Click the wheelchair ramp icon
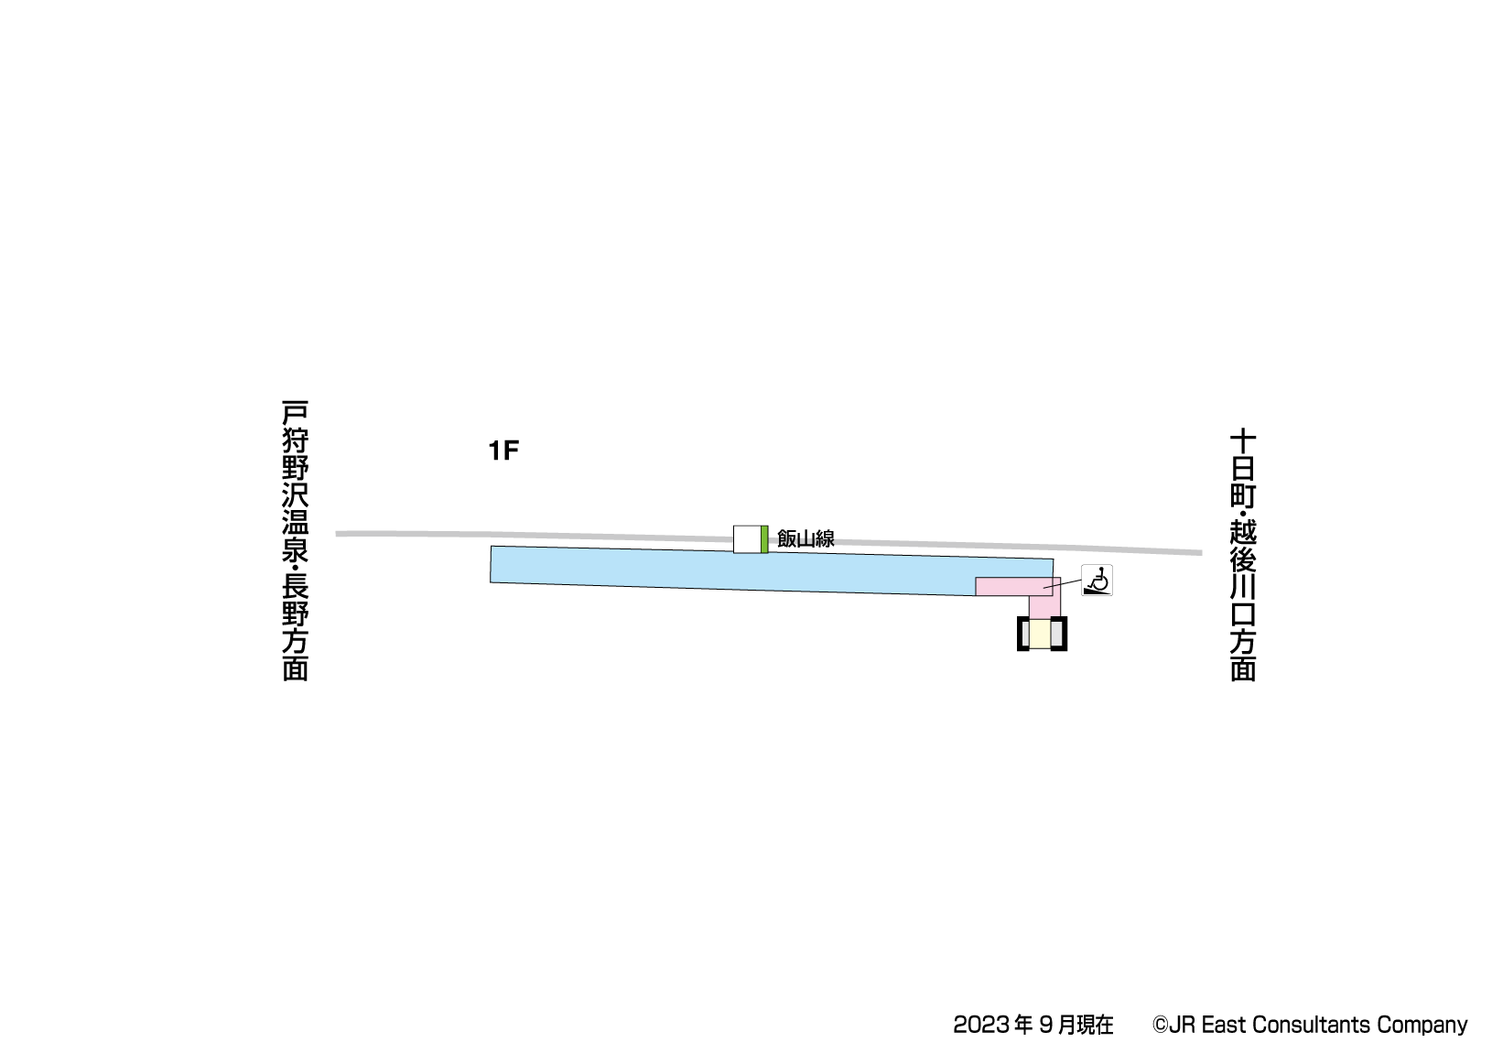(x=1097, y=580)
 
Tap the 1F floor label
(x=503, y=451)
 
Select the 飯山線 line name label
(x=806, y=538)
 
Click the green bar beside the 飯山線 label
(x=764, y=539)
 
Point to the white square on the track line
(x=747, y=539)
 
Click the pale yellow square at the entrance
(x=1040, y=634)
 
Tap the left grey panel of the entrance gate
(x=1024, y=634)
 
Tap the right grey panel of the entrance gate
(x=1057, y=634)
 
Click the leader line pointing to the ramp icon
(x=1062, y=585)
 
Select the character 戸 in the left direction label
(x=295, y=412)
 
